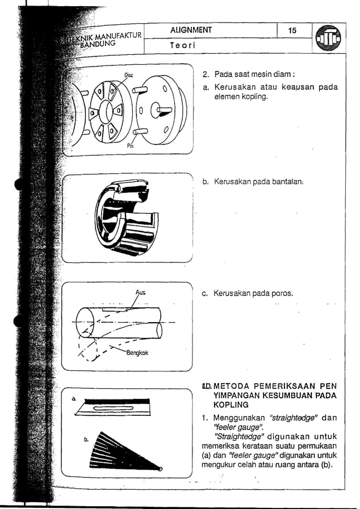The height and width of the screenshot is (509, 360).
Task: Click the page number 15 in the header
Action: [x=292, y=30]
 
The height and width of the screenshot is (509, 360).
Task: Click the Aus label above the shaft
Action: [x=140, y=292]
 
